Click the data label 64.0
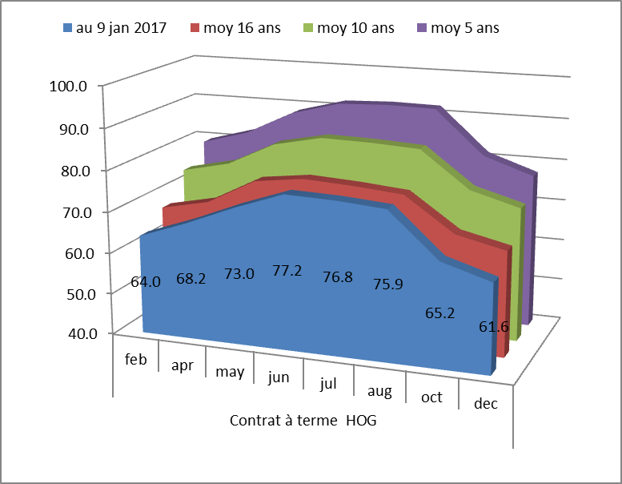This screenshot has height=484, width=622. pyautogui.click(x=146, y=281)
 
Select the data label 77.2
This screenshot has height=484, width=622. pyautogui.click(x=287, y=271)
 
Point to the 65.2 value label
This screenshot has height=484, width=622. pyautogui.click(x=439, y=313)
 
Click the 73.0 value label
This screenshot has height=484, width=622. pyautogui.click(x=239, y=274)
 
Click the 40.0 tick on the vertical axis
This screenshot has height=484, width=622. pyautogui.click(x=79, y=333)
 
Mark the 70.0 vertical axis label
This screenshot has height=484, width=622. pyautogui.click(x=79, y=212)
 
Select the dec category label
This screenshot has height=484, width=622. pyautogui.click(x=485, y=404)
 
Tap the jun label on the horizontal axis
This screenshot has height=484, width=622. pyautogui.click(x=279, y=377)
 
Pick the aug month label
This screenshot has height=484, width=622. pyautogui.click(x=380, y=391)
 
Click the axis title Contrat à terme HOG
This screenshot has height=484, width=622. pyautogui.click(x=303, y=421)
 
